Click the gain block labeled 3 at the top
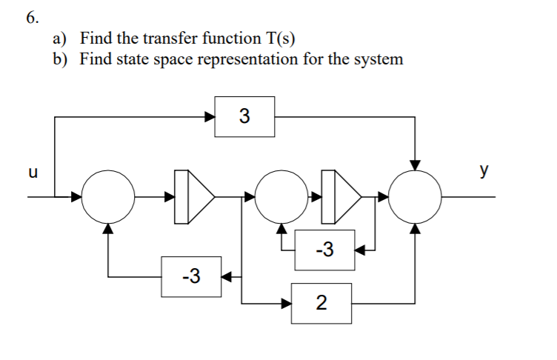pos(244,116)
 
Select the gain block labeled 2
pos(321,303)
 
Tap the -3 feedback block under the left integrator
pos(191,276)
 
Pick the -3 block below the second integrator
pos(324,250)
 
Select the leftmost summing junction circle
pos(108,197)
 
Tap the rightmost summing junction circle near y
pos(416,197)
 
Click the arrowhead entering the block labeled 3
pos(210,116)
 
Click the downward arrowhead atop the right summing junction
pos(416,164)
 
